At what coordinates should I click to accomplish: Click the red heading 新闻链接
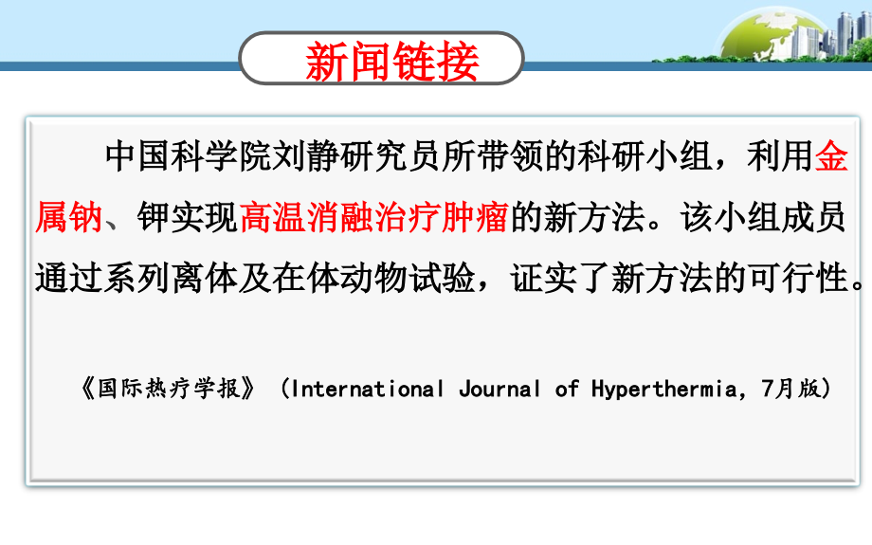click(391, 59)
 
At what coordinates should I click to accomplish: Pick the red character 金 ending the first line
click(831, 156)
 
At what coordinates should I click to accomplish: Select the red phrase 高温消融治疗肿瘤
click(375, 219)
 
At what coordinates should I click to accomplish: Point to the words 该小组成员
click(762, 219)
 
